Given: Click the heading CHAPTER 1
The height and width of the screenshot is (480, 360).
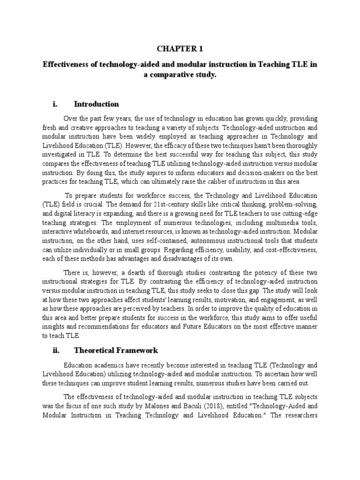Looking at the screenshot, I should (x=180, y=49).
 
